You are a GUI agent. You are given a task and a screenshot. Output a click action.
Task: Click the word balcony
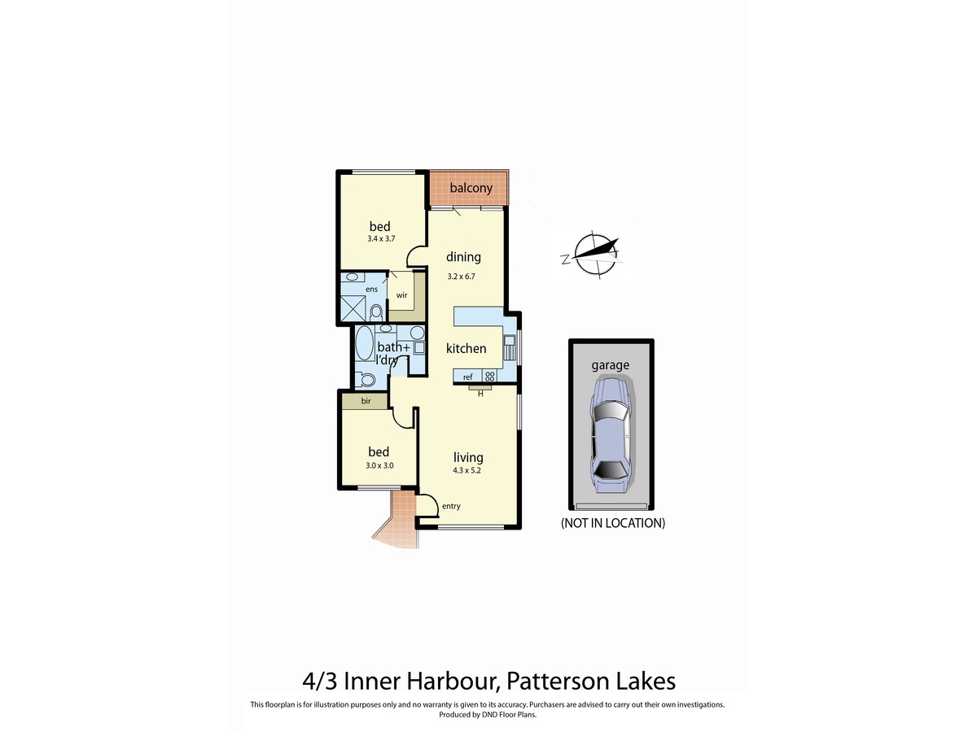click(x=471, y=189)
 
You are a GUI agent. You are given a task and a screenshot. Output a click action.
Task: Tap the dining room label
click(x=463, y=257)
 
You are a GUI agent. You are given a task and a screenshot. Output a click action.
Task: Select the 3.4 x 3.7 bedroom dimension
click(x=379, y=240)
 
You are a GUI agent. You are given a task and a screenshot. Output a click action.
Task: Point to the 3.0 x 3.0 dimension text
click(x=379, y=466)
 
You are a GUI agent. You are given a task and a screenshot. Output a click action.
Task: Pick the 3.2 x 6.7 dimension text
click(x=461, y=276)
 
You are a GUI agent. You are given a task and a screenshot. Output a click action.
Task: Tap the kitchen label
click(x=467, y=348)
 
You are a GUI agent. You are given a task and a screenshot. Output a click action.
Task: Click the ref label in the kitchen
click(x=468, y=377)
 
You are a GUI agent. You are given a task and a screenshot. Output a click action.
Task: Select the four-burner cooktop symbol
click(x=490, y=376)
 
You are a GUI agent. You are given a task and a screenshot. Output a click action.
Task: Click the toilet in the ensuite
click(x=375, y=312)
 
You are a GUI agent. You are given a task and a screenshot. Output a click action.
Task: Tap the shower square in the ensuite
click(x=353, y=309)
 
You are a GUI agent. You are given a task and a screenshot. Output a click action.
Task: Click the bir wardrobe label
click(x=366, y=401)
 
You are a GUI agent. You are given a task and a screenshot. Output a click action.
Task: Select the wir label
click(x=401, y=295)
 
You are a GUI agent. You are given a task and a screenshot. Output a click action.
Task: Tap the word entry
click(x=450, y=506)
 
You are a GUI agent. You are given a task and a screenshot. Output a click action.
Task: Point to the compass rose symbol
click(x=592, y=255)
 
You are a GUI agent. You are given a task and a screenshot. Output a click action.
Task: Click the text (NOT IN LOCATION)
click(x=612, y=523)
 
